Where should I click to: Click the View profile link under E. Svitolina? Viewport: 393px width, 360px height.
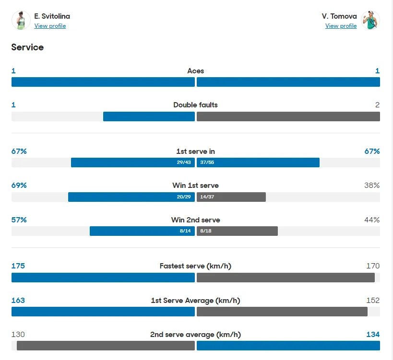50,26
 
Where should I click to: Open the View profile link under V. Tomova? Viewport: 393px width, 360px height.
341,26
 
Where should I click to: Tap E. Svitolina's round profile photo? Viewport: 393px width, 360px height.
21,21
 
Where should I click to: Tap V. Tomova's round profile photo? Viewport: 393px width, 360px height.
370,21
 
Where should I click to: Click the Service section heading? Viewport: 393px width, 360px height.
27,47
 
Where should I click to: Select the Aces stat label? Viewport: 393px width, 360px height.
195,71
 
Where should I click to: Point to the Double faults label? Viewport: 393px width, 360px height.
195,105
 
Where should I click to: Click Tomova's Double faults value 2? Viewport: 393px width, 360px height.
377,105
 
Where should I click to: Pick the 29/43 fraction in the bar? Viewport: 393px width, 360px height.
184,163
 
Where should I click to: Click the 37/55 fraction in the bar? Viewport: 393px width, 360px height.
207,163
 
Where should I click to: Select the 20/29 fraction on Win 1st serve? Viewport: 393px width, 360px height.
184,197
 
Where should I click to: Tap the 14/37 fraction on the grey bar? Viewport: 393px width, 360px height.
207,197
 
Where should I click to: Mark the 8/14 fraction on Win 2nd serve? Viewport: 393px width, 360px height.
185,231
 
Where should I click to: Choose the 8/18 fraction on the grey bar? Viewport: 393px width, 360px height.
206,231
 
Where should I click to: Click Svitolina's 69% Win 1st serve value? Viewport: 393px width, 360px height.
19,186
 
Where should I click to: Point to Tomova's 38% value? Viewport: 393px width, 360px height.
372,186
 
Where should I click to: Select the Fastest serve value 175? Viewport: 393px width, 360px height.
18,266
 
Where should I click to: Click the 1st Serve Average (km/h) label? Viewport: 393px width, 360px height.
195,301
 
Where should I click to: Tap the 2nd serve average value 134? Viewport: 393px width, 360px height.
373,335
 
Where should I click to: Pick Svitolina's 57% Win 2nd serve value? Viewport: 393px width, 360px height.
19,220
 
